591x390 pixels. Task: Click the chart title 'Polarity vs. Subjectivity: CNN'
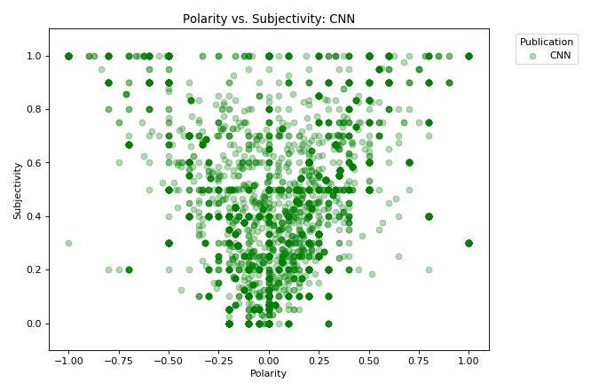(x=269, y=19)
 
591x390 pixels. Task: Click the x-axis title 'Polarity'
(x=269, y=373)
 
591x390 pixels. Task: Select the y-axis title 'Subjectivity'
(x=18, y=190)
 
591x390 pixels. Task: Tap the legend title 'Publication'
(x=547, y=42)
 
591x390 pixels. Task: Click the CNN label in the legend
(x=560, y=55)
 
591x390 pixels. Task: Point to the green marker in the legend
(x=532, y=55)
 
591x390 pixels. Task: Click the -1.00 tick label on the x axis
(x=67, y=361)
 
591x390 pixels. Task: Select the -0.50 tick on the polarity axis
(x=167, y=361)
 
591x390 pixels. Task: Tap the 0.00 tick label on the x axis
(x=269, y=361)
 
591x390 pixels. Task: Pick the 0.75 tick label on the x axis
(x=419, y=361)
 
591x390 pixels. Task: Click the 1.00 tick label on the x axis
(x=469, y=361)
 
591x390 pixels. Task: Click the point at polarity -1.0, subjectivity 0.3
(x=68, y=243)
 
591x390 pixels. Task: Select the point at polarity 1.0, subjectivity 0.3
(x=469, y=243)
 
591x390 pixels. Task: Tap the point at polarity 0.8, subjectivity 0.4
(x=429, y=216)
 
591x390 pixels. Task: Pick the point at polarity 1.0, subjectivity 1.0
(x=469, y=56)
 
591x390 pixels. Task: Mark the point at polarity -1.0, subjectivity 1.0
(x=68, y=56)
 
